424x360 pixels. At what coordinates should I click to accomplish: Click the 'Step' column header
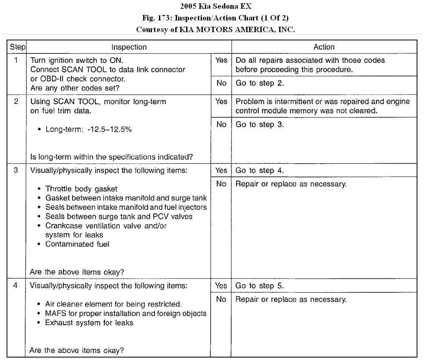click(18, 47)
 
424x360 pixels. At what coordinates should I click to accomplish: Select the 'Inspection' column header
click(129, 47)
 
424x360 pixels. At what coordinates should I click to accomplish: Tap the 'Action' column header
click(324, 47)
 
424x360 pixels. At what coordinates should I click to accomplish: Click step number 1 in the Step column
click(16, 60)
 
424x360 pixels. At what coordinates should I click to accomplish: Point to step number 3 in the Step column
click(16, 170)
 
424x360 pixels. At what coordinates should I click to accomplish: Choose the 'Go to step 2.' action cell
click(260, 83)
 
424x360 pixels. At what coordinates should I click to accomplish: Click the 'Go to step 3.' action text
click(260, 124)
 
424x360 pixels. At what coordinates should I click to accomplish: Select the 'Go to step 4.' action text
click(260, 170)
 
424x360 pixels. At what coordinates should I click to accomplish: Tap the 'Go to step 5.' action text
click(260, 286)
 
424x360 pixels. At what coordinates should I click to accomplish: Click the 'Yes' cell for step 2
click(221, 101)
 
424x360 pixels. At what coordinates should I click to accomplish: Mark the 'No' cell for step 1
click(221, 83)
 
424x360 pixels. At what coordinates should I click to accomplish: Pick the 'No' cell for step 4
click(221, 299)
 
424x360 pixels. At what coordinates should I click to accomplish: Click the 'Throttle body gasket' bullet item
click(81, 189)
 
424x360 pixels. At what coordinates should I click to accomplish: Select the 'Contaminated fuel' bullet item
click(77, 244)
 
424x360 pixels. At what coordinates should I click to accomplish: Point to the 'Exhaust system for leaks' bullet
click(89, 322)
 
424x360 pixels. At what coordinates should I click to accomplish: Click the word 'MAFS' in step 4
click(55, 313)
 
